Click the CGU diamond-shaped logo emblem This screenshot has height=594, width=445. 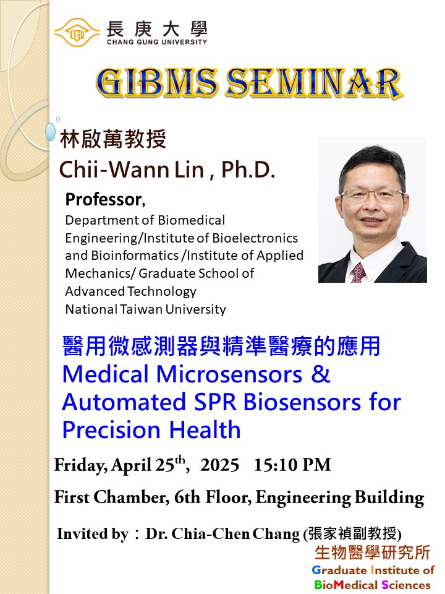click(x=77, y=33)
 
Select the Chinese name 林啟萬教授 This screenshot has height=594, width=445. click(x=112, y=139)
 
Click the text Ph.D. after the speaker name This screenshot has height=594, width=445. click(x=248, y=169)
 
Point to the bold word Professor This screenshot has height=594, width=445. click(x=104, y=200)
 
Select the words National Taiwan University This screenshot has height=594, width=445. click(x=146, y=309)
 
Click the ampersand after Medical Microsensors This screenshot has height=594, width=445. click(x=321, y=374)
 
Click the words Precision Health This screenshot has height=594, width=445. click(x=151, y=430)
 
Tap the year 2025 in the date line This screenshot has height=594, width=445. click(x=220, y=465)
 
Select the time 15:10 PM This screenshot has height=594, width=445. click(x=292, y=465)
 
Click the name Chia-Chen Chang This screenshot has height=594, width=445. click(x=235, y=534)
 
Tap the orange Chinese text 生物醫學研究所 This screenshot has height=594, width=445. click(x=372, y=553)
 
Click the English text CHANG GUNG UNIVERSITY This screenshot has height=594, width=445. click(x=157, y=41)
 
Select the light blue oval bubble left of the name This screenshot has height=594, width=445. click(x=50, y=131)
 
